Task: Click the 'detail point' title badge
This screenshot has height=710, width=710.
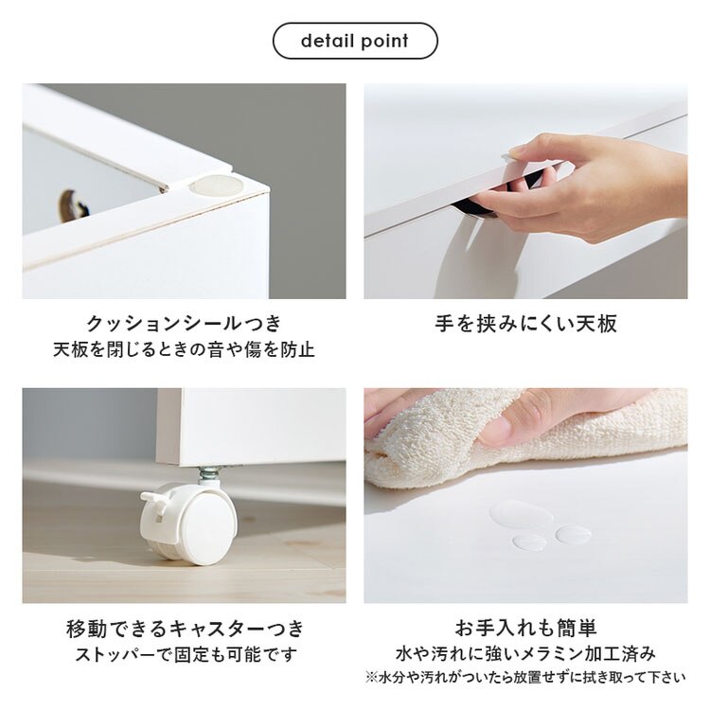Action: point(355,42)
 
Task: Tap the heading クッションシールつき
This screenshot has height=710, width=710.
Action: point(184,324)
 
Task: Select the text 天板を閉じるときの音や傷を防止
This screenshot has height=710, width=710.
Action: point(184,350)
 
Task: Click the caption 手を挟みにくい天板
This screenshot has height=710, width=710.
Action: point(525,324)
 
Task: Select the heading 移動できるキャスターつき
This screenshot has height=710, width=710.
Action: point(184,629)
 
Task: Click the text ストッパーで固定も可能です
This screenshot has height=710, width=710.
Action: point(184,655)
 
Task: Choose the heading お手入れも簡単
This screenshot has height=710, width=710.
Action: point(525,629)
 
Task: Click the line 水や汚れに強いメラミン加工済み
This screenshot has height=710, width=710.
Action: point(525,654)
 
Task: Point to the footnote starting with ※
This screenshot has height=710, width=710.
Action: point(525,677)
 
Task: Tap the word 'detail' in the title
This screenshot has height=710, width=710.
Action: point(324,42)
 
